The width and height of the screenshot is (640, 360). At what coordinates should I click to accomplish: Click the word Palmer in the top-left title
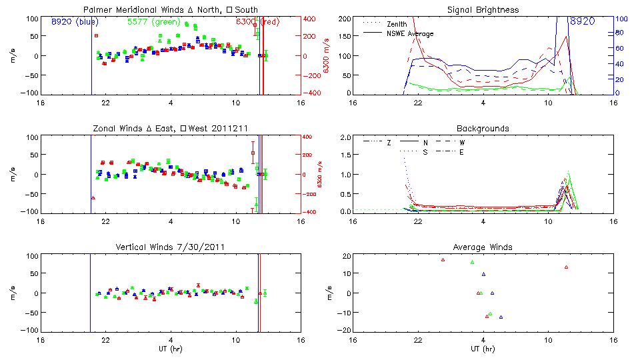(97, 9)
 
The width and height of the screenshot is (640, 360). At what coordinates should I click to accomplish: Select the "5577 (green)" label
(153, 22)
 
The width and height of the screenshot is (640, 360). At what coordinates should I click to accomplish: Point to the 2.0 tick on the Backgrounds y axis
(342, 137)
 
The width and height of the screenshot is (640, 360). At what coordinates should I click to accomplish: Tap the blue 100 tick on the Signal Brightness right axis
(619, 19)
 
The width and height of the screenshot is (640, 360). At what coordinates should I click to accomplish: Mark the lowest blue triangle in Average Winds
(501, 317)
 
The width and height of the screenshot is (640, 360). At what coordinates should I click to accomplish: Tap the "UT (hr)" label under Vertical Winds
(171, 349)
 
